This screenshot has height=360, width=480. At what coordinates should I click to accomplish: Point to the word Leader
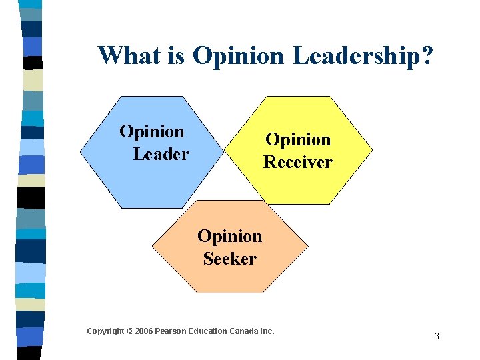point(161,155)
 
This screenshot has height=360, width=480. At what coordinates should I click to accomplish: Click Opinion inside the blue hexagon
point(152,132)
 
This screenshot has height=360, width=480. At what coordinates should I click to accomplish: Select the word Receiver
point(297,162)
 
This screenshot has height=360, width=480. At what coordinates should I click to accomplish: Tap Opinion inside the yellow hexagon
point(298,139)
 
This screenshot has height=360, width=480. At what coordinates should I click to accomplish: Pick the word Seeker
point(230,259)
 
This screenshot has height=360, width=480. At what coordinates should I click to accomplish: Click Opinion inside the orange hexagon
point(230,236)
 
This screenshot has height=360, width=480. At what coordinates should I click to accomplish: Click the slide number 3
point(437,336)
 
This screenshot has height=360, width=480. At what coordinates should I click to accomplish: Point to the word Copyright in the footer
point(105,331)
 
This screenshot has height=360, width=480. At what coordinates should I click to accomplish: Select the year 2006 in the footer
point(143,331)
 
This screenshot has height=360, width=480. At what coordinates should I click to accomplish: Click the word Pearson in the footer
point(171,331)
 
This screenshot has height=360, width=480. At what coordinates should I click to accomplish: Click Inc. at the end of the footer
point(267,331)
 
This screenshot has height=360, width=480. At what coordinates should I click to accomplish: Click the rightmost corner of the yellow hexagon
point(373,150)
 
